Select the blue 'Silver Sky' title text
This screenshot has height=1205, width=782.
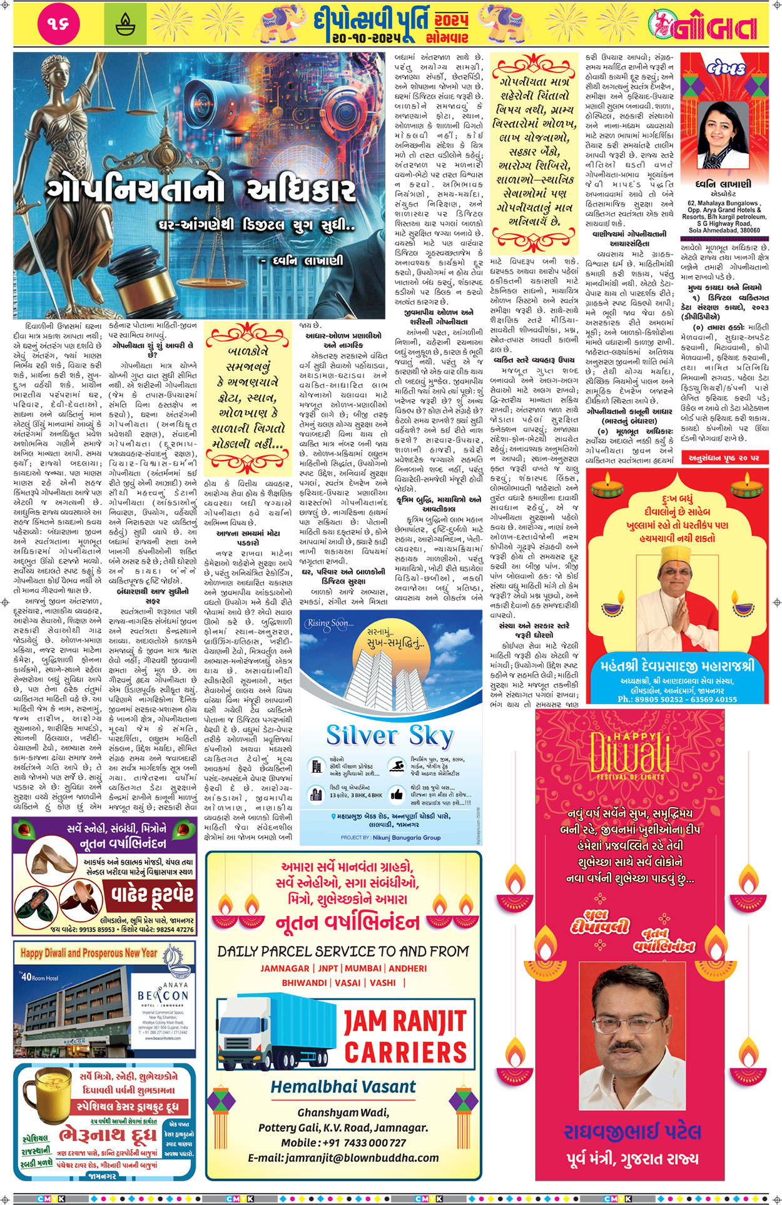pyautogui.click(x=389, y=736)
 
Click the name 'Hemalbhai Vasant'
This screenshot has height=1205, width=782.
pyautogui.click(x=343, y=1087)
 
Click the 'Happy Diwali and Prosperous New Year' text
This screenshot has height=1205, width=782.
pyautogui.click(x=89, y=953)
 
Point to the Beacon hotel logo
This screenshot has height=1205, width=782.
pyautogui.click(x=162, y=995)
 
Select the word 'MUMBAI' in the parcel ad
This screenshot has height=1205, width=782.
pyautogui.click(x=363, y=969)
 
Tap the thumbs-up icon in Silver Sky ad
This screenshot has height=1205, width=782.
pyautogui.click(x=397, y=794)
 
